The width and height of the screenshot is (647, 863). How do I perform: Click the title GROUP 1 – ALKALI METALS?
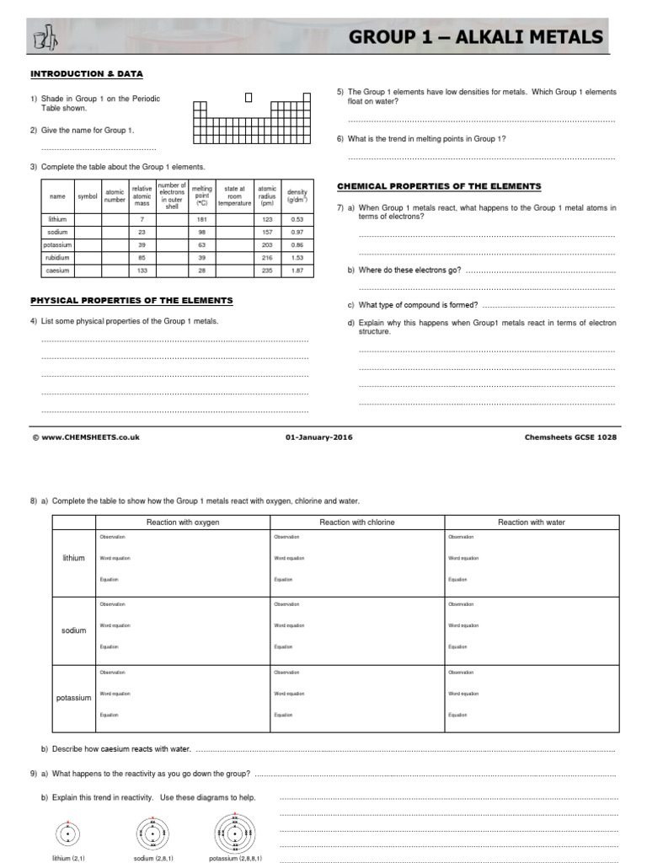[475, 37]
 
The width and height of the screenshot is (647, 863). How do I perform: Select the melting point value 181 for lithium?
[202, 218]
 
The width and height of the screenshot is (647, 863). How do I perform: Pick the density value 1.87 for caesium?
[297, 271]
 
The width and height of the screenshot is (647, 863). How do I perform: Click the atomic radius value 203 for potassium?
[267, 244]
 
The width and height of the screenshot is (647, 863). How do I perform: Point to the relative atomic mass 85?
[142, 257]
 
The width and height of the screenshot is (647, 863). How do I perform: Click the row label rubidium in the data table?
[57, 257]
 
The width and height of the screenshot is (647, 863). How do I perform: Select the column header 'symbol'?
[88, 196]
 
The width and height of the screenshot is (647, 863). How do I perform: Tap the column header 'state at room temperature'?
[234, 196]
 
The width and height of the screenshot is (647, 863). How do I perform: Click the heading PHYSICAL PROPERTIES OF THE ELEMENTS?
[131, 301]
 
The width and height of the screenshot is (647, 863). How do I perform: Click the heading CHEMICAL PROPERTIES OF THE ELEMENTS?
[439, 186]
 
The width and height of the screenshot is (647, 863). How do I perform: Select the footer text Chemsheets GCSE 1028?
[570, 437]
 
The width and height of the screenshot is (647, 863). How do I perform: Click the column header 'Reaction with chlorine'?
[357, 523]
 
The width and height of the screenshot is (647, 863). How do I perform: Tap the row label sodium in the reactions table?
[74, 630]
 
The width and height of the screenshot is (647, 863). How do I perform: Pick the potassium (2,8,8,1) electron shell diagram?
[236, 834]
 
